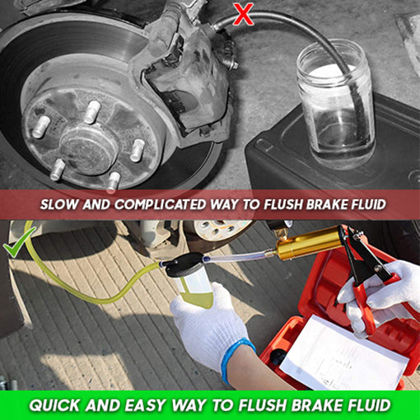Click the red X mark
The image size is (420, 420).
(244, 13)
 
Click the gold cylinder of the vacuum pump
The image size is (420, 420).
(305, 243)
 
